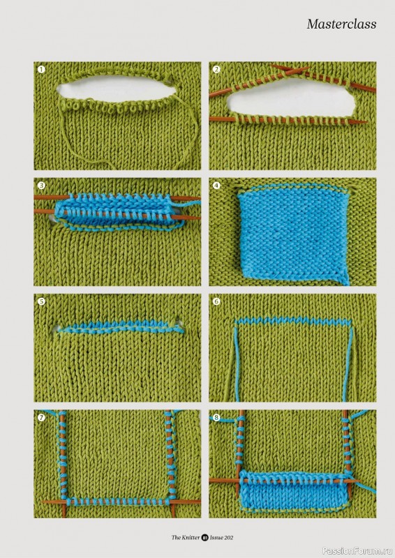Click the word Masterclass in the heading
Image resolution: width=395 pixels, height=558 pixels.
341,24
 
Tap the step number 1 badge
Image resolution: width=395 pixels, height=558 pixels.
42,69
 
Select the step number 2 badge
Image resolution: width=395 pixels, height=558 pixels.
216,69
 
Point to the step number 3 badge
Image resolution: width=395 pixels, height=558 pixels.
42,186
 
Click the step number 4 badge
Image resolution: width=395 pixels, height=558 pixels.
216,186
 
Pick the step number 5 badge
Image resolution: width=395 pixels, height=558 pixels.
42,301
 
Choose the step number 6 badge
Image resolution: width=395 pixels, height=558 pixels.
216,301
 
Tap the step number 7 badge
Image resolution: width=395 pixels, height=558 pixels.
42,417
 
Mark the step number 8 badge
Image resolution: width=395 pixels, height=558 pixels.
216,417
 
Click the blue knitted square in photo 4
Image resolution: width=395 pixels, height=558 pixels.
293,234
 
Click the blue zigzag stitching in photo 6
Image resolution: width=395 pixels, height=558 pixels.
293,321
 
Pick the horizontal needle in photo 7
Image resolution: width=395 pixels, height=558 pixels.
121,502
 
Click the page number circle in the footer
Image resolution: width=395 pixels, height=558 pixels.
204,537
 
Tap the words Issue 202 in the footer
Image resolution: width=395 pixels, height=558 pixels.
221,537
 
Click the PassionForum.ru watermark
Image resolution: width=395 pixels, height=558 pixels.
357,551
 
